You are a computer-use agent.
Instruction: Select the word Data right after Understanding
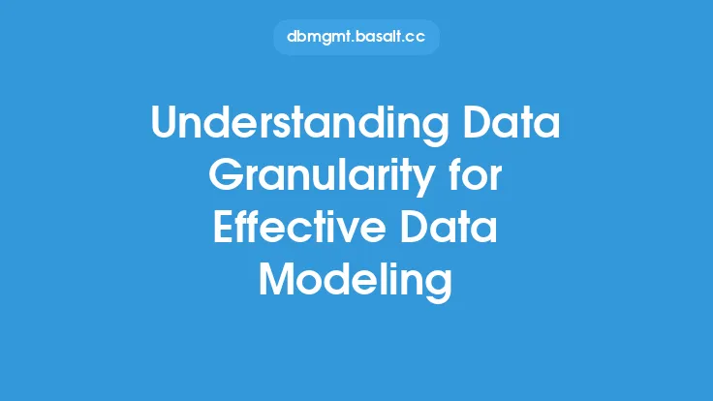[x=511, y=122]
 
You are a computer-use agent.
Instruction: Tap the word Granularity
[x=322, y=176]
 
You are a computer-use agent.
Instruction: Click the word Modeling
[x=356, y=282]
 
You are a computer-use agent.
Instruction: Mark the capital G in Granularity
[x=225, y=174]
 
